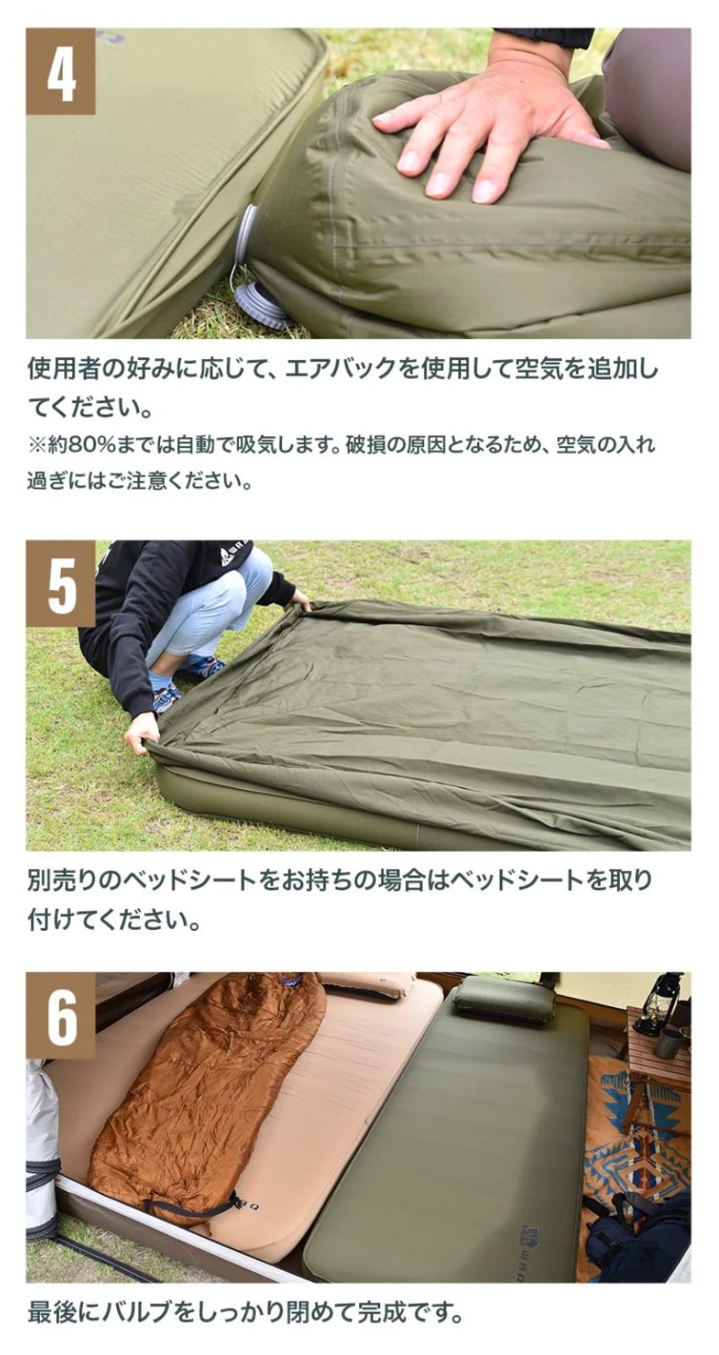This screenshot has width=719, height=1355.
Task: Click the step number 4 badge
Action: coord(60,71)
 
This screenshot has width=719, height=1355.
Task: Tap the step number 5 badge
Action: coord(60,583)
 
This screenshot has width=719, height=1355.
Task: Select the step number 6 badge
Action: coord(60,1015)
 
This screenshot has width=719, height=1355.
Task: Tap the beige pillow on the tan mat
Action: coord(368,986)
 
